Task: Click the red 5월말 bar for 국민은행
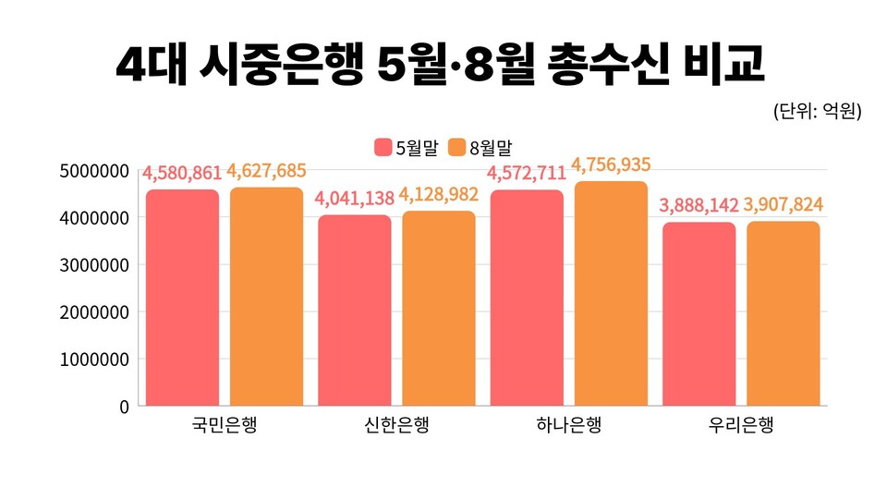tap(182, 298)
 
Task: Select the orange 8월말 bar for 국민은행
tap(266, 296)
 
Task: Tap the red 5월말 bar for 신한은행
tap(354, 310)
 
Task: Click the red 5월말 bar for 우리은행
tap(698, 314)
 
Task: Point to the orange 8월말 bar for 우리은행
tap(783, 313)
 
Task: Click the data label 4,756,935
tap(611, 165)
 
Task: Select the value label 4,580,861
tap(182, 173)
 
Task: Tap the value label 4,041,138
tap(354, 199)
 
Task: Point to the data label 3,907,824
tap(783, 204)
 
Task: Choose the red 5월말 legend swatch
tap(383, 147)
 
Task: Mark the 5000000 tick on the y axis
tap(91, 171)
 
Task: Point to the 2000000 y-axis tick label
tap(91, 311)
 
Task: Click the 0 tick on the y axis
tap(123, 406)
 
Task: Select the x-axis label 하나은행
tap(568, 426)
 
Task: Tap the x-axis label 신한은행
tap(396, 426)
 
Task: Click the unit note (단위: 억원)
tap(817, 112)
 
